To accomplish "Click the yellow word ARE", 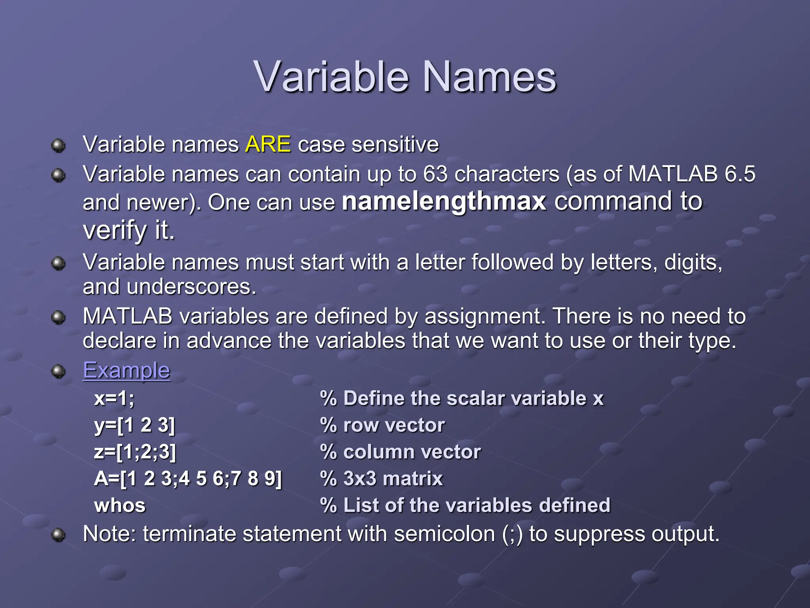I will click(268, 144).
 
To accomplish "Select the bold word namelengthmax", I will click(444, 201).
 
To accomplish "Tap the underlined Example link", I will click(126, 370).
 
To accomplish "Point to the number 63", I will click(435, 174).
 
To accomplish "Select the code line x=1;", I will click(114, 398).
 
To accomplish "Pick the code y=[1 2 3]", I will click(134, 425).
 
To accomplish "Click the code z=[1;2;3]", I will click(135, 452).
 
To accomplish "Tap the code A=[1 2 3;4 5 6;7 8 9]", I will click(188, 479).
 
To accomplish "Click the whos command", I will click(120, 505).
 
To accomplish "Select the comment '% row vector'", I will click(382, 425).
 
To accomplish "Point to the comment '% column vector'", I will click(400, 452).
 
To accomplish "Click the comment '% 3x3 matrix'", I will click(381, 479).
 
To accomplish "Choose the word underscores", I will click(191, 287).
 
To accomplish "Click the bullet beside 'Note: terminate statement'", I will click(59, 535).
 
